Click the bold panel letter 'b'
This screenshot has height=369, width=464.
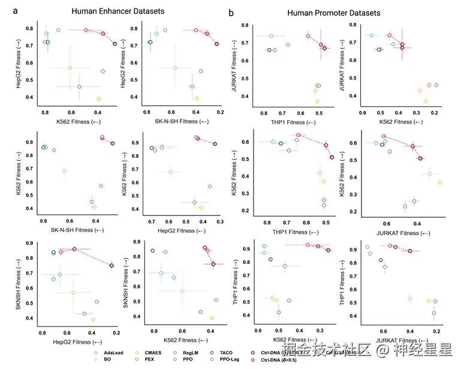[x=231, y=11]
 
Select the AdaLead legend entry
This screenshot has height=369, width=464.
[x=117, y=353]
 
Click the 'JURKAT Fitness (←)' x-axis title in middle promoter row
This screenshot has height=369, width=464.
[x=402, y=233]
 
